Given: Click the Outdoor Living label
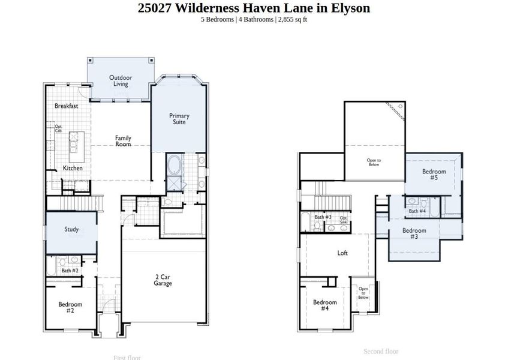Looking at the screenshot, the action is pyautogui.click(x=121, y=80).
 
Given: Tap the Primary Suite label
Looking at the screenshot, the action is pyautogui.click(x=179, y=119).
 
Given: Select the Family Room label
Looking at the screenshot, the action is pyautogui.click(x=123, y=141).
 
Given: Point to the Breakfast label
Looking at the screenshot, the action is pyautogui.click(x=67, y=106).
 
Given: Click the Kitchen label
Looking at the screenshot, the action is pyautogui.click(x=73, y=169).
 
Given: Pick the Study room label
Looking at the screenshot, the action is pyautogui.click(x=71, y=229).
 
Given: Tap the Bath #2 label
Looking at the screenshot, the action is pyautogui.click(x=70, y=271).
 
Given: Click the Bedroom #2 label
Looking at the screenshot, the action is pyautogui.click(x=70, y=307).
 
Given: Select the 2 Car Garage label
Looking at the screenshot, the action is pyautogui.click(x=163, y=280).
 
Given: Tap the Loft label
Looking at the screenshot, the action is pyautogui.click(x=342, y=253).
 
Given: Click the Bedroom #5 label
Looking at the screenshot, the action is pyautogui.click(x=434, y=175).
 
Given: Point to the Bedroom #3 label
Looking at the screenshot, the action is pyautogui.click(x=414, y=233).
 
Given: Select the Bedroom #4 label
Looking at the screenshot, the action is pyautogui.click(x=324, y=305).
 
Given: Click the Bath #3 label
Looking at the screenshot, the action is pyautogui.click(x=323, y=217).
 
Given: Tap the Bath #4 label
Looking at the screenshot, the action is pyautogui.click(x=417, y=211).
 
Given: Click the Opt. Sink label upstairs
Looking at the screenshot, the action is pyautogui.click(x=344, y=220).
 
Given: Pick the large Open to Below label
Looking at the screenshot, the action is pyautogui.click(x=374, y=161).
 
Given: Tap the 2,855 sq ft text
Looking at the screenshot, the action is pyautogui.click(x=292, y=19).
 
